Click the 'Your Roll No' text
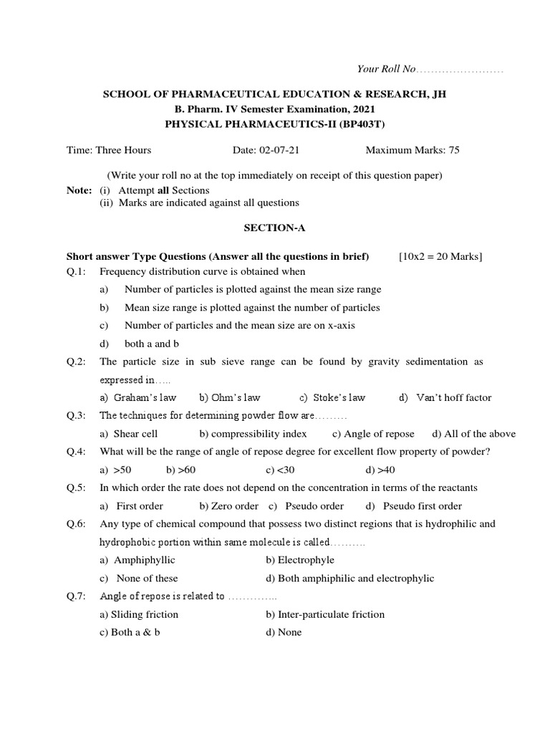(386, 69)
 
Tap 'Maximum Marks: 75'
(412, 150)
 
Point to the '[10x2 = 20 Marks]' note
(440, 257)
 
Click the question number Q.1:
(77, 271)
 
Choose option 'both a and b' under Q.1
(151, 344)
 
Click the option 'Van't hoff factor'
(454, 397)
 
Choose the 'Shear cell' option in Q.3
(135, 434)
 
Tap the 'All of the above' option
(479, 434)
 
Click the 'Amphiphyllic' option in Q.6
(144, 560)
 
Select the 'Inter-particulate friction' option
(330, 614)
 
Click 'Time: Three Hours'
(109, 150)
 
